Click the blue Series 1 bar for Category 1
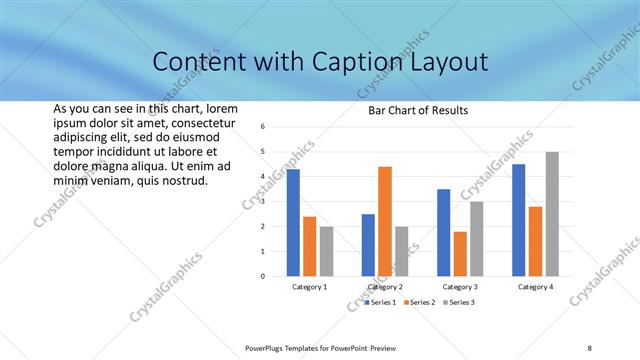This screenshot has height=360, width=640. point(293,222)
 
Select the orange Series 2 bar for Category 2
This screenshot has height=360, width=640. point(385,221)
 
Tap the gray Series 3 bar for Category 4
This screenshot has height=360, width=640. point(553,213)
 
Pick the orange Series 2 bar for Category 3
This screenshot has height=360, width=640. point(460,254)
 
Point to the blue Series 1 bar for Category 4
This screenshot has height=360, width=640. point(519,220)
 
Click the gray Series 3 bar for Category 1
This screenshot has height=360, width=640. point(327,251)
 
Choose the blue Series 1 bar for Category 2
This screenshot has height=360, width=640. point(368,245)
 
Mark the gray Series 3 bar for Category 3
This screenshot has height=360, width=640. point(477,238)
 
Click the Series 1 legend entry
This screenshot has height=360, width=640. point(379,302)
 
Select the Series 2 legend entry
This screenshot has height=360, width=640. point(419,302)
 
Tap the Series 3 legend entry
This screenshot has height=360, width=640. point(458,302)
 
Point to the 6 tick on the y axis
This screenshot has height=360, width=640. point(261,127)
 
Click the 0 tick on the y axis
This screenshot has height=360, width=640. point(261,276)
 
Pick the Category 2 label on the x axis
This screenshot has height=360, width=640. point(385,287)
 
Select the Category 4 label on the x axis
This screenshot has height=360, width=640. point(536,287)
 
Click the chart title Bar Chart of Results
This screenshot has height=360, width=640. point(412,110)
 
